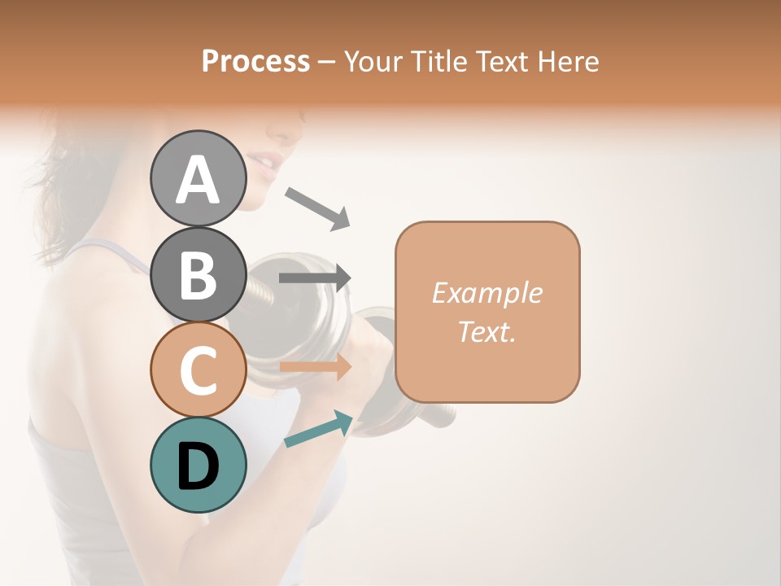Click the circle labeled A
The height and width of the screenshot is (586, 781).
(198, 178)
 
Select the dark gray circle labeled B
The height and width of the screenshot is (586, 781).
(198, 274)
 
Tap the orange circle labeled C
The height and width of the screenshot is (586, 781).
(198, 370)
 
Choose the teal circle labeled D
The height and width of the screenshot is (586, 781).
(198, 465)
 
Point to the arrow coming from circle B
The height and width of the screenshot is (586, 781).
(314, 278)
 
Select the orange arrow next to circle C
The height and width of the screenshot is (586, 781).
(315, 367)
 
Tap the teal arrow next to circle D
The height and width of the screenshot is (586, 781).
(318, 429)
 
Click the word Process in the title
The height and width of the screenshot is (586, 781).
(255, 62)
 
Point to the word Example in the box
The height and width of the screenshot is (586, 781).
(486, 293)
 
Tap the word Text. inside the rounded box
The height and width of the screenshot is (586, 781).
(486, 331)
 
